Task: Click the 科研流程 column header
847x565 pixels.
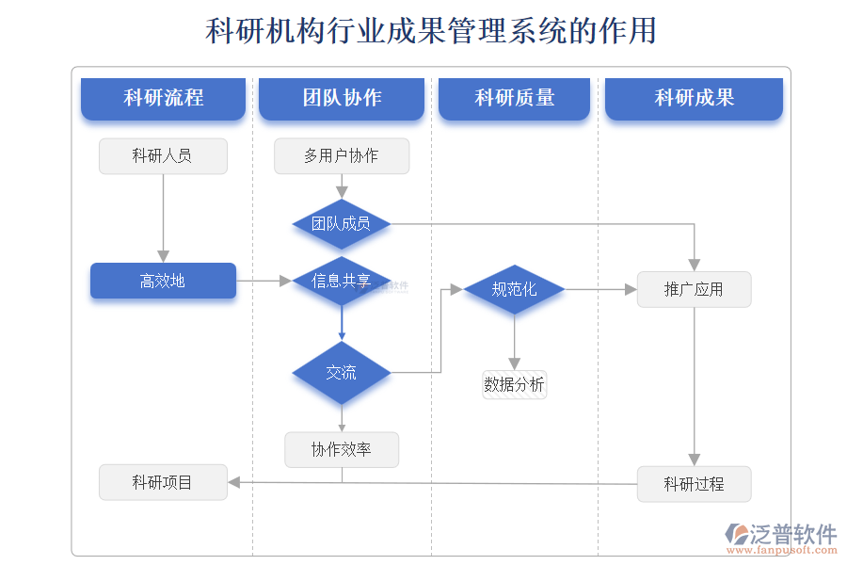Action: coord(163,98)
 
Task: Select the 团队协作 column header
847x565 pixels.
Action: coord(342,98)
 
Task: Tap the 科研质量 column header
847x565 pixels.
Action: coord(514,98)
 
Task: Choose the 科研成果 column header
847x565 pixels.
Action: coord(694,98)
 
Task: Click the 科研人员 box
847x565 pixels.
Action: coord(163,156)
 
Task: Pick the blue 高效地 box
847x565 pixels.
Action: coord(163,281)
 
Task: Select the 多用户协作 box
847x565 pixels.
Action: coord(342,156)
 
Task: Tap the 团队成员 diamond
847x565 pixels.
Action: coord(342,224)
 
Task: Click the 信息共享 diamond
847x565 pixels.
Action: coord(342,281)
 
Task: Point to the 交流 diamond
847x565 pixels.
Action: coord(342,373)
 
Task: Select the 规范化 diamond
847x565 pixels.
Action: coord(514,289)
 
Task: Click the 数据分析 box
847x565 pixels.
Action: coord(514,384)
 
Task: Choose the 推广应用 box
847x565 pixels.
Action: coord(694,289)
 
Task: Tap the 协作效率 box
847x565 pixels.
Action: coord(342,450)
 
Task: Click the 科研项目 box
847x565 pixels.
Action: coord(163,482)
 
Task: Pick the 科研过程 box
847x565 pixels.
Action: coord(694,484)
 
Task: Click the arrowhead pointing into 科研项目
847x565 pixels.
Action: coord(234,482)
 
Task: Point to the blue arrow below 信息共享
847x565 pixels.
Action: coord(342,325)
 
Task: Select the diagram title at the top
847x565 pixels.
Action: coord(430,31)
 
